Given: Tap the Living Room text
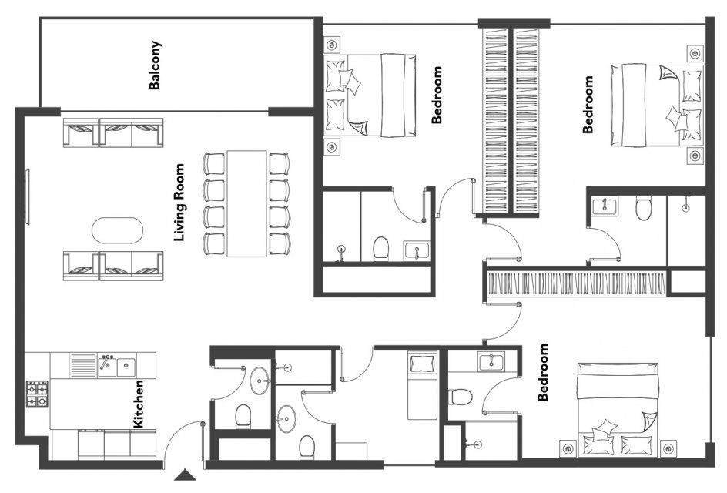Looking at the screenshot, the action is tap(179, 203).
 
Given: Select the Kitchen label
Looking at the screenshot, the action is tap(138, 404).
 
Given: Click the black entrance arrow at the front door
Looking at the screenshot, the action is tap(186, 475).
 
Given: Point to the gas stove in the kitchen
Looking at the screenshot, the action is tap(37, 394).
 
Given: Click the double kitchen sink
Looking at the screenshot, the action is tap(116, 367).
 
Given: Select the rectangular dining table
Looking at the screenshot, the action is tap(246, 203).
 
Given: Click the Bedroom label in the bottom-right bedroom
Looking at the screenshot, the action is tap(542, 372).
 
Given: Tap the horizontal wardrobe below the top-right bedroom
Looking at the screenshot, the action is tap(578, 283).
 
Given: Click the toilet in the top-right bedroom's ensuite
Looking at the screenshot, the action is tap(644, 208).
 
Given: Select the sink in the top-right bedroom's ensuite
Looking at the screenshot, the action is tap(605, 206).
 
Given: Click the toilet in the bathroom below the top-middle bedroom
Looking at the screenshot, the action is tap(380, 248).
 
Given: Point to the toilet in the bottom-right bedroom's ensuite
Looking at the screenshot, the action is tap(461, 397).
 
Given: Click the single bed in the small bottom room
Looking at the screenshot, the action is tap(422, 385).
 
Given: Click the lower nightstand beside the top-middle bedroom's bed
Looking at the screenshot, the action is tap(331, 147).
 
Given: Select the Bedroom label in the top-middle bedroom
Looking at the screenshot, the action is tap(437, 95).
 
